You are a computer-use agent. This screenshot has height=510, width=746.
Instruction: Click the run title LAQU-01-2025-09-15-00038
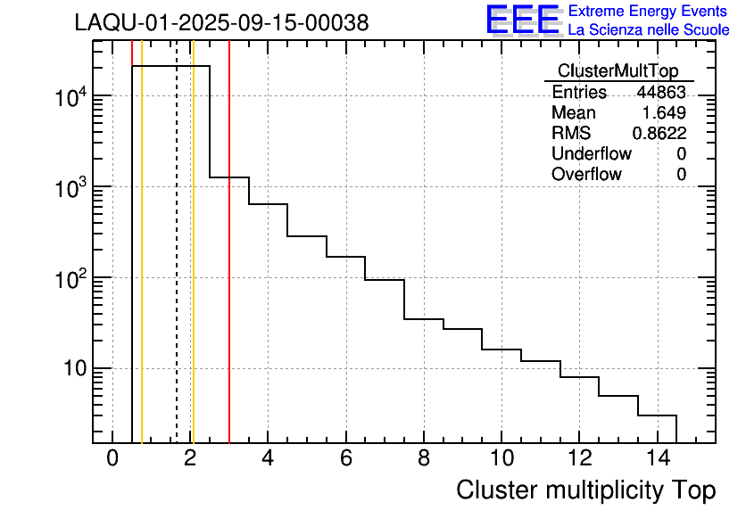tap(221, 23)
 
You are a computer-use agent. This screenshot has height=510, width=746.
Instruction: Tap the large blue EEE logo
tap(523, 20)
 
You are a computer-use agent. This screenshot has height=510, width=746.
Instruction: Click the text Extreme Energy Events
tap(649, 12)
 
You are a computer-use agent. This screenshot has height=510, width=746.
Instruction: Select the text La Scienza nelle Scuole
tap(649, 29)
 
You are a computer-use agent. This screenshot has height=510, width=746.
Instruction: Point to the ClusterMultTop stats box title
tap(618, 71)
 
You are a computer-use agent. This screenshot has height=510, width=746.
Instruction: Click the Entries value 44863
tap(660, 93)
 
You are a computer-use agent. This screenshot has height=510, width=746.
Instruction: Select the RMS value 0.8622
tap(659, 134)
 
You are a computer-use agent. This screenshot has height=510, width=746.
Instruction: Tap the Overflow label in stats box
tap(586, 175)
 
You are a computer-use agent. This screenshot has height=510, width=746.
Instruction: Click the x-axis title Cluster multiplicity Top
tap(585, 489)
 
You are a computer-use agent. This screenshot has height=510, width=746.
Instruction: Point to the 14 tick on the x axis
tap(657, 457)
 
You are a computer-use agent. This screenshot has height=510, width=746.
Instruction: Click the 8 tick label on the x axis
tap(423, 457)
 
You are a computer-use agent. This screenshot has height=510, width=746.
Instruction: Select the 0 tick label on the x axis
tap(112, 457)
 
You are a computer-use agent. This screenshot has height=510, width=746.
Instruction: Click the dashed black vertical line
tap(177, 267)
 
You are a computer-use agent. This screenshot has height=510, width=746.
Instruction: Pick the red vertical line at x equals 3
tap(229, 267)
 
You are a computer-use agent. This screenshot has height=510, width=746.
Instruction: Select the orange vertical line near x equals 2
tap(193, 267)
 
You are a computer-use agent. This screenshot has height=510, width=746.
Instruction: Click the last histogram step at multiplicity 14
tap(658, 415)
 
